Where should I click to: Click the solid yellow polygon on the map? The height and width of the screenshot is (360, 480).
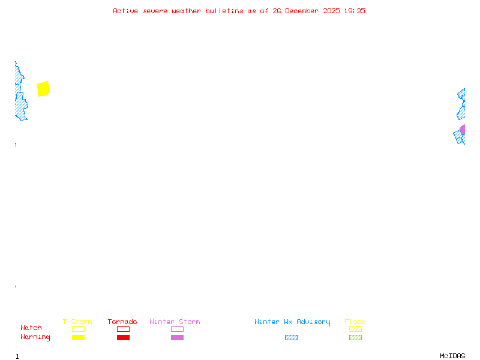[43, 89]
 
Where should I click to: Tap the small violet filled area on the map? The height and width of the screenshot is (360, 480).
[463, 130]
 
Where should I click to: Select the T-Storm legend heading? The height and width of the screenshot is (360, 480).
[77, 322]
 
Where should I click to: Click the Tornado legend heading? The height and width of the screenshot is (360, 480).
[122, 322]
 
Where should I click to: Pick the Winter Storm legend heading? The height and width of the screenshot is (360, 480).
[175, 322]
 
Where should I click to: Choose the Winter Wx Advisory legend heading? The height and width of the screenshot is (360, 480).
[292, 322]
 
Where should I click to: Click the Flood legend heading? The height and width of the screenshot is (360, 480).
[355, 322]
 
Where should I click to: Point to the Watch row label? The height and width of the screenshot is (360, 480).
[31, 328]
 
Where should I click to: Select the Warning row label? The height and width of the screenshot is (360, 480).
[35, 337]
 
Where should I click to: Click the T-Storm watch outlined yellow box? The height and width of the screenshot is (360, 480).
[78, 329]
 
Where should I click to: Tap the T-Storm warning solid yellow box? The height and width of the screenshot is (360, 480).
[78, 337]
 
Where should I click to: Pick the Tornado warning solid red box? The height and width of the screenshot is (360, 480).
[123, 337]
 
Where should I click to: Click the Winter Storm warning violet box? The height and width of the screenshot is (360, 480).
[177, 337]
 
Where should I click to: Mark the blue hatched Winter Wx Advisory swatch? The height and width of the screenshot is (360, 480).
[291, 337]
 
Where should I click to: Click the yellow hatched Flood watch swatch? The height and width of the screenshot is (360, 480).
[355, 329]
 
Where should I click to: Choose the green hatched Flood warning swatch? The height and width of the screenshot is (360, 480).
[355, 337]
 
